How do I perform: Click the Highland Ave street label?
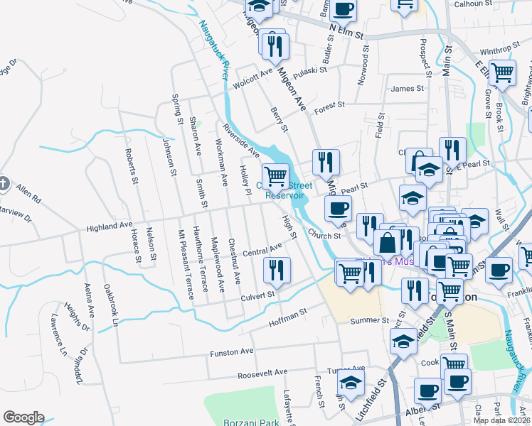pos(110,227)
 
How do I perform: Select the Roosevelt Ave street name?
pos(262,372)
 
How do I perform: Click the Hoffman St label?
pos(287,317)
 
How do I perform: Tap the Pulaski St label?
pos(309,71)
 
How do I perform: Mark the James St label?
pos(407,89)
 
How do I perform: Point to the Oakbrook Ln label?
pos(111,306)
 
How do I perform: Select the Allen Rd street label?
pos(29,192)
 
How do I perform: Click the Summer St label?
pos(367,321)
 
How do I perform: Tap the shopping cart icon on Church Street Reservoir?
pos(275,175)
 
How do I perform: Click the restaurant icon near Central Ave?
pos(276,270)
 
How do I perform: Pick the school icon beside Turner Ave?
pos(351,381)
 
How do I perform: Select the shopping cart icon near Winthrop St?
pos(503,72)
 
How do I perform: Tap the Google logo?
pos(23,417)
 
